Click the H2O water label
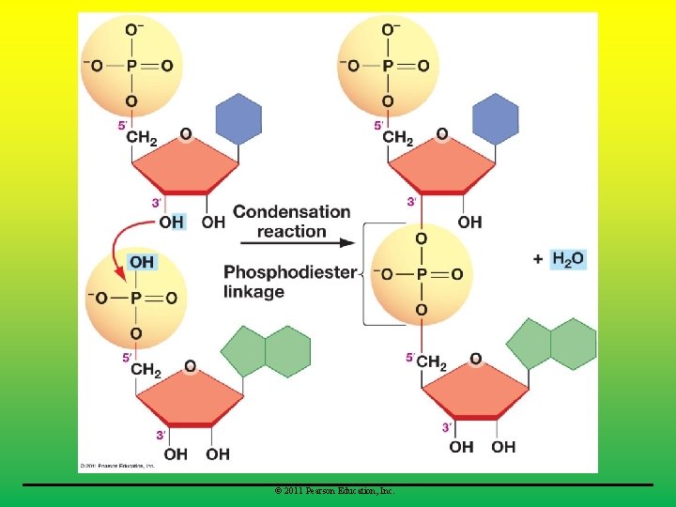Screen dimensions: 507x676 point(568,259)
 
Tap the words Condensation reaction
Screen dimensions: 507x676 point(291,222)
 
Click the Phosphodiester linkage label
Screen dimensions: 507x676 point(289,282)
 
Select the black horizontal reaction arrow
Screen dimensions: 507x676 point(320,242)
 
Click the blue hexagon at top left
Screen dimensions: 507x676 point(238,117)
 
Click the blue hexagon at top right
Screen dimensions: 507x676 point(495,117)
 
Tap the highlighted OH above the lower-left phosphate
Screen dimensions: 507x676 point(142,262)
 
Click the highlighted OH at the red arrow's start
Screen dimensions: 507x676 point(171,223)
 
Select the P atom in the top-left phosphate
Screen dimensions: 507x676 point(131,66)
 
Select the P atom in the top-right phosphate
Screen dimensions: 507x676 point(389,66)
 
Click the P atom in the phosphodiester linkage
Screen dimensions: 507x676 point(421,274)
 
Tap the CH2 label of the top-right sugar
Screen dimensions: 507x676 point(397,139)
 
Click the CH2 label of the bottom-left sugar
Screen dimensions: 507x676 point(146,371)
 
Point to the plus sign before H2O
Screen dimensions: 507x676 point(537,259)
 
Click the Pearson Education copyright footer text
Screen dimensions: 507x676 point(335,491)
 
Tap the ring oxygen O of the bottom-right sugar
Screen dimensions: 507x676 point(475,358)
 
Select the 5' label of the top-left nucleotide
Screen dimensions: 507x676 point(121,125)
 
